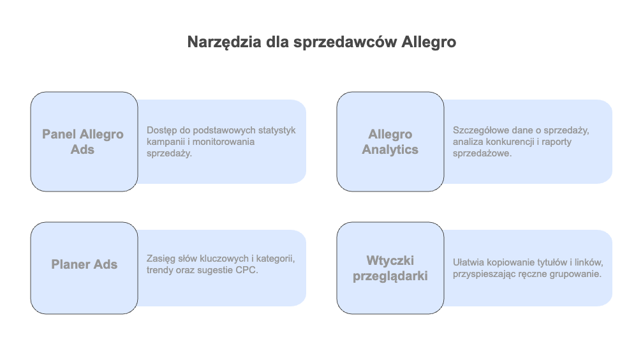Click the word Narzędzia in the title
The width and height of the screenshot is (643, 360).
tap(224, 43)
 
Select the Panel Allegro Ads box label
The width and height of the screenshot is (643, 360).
tap(83, 142)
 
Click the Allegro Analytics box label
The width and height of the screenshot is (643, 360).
tap(390, 142)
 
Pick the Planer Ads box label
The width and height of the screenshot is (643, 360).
tap(84, 264)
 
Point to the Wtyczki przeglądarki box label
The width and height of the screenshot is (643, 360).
tap(390, 269)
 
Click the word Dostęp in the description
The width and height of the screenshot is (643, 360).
tap(161, 131)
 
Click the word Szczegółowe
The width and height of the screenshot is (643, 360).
tap(478, 131)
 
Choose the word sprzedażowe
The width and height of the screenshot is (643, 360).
tap(482, 154)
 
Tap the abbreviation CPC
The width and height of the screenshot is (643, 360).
tap(246, 270)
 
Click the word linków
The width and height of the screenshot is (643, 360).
tap(589, 263)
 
